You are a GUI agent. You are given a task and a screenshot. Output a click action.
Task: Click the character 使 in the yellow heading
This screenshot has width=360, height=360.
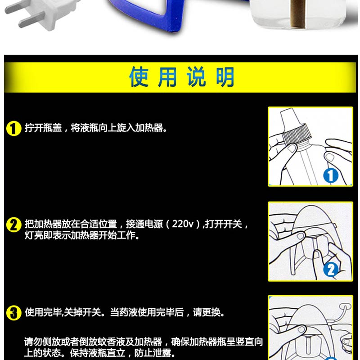[x=139, y=77]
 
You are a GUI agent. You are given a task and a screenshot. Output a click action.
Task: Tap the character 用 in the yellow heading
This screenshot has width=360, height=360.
[x=167, y=77]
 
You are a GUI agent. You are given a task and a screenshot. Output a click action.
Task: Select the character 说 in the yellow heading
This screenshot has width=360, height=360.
[x=196, y=77]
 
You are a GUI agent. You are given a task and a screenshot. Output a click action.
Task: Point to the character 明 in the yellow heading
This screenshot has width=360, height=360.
[x=225, y=77]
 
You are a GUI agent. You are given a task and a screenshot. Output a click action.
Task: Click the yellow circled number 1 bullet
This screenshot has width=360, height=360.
[x=14, y=129]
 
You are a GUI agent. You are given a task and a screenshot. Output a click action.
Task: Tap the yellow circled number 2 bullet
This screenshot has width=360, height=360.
[x=14, y=225]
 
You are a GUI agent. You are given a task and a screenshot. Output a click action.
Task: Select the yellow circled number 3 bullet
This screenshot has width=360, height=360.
[x=14, y=313]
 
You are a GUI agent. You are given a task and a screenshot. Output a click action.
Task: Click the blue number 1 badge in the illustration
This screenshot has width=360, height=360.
[x=331, y=176]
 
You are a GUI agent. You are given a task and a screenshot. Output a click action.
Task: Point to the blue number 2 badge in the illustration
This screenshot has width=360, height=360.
[x=331, y=269]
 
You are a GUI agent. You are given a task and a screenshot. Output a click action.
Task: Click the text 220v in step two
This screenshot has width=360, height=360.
[x=183, y=224]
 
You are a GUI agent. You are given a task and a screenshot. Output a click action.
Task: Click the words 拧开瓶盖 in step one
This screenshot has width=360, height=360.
[x=43, y=128]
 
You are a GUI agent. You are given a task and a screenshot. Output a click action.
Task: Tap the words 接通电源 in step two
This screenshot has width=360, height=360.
[x=144, y=224]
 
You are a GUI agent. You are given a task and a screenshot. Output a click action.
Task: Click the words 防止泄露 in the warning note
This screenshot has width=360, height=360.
[x=153, y=353]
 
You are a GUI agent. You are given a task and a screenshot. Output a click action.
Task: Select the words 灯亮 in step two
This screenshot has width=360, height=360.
[x=34, y=235]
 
